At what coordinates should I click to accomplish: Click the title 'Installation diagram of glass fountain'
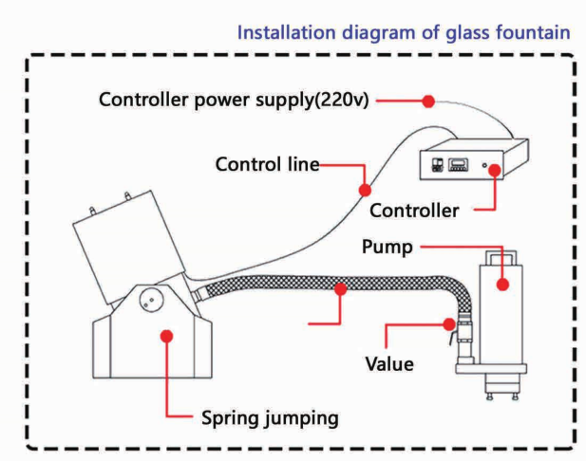click(x=404, y=32)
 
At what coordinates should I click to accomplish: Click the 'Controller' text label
click(x=414, y=208)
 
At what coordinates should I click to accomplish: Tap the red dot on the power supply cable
click(x=427, y=101)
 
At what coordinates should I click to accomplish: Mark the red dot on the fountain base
click(x=165, y=335)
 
